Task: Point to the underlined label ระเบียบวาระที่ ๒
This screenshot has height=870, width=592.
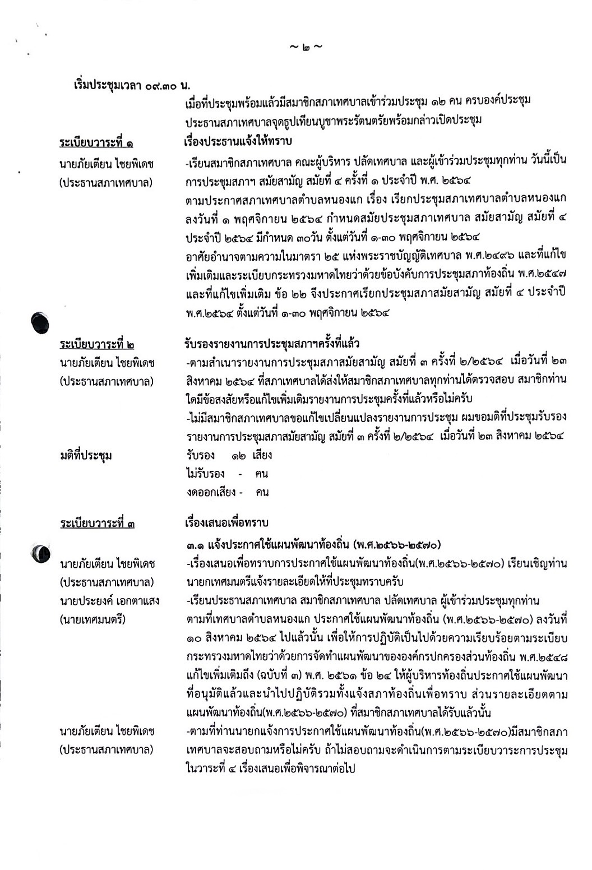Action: [x=96, y=344]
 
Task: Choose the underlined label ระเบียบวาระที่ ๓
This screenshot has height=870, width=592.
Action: [x=96, y=524]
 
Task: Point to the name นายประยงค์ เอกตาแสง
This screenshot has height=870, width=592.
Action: [x=109, y=601]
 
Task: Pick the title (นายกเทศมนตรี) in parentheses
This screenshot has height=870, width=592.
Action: [x=92, y=619]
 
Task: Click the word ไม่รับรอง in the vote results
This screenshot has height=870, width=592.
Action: [x=206, y=474]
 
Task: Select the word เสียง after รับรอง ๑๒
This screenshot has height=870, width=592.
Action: [x=262, y=455]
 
